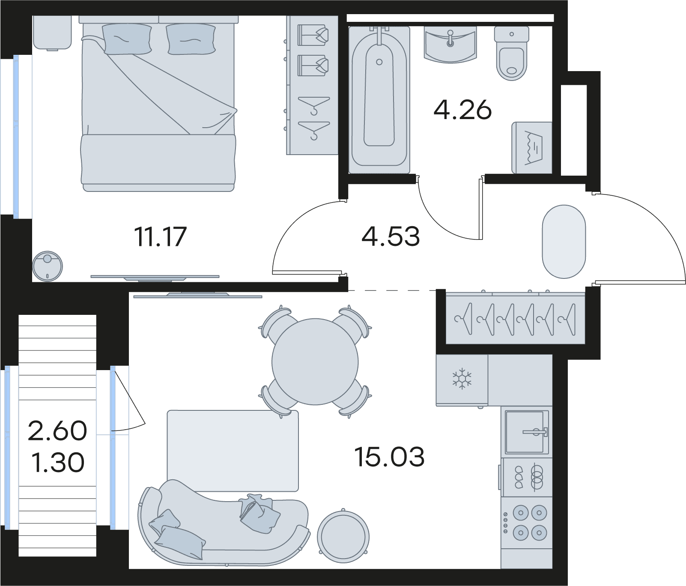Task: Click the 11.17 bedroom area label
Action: coord(161,237)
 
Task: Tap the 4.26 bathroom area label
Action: coord(462,110)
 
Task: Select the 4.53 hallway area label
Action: coord(391,236)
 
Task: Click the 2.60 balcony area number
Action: coord(57,431)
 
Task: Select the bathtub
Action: coord(379,100)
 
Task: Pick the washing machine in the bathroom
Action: coord(532,148)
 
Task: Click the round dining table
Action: coord(315,362)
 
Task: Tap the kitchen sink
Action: coord(527,432)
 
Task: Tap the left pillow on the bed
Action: coord(127,39)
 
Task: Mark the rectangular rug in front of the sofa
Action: coord(233,451)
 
